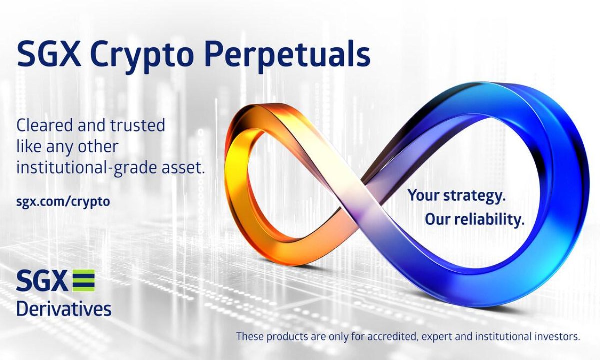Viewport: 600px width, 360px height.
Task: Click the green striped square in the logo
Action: point(83,281)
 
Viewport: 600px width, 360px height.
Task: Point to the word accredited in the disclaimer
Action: point(384,336)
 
